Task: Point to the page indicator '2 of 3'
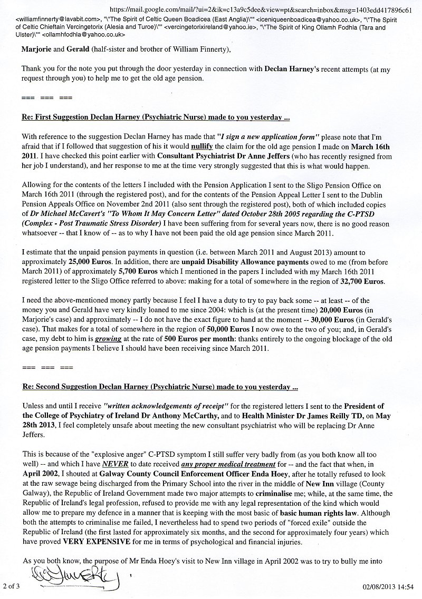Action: tap(11, 585)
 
